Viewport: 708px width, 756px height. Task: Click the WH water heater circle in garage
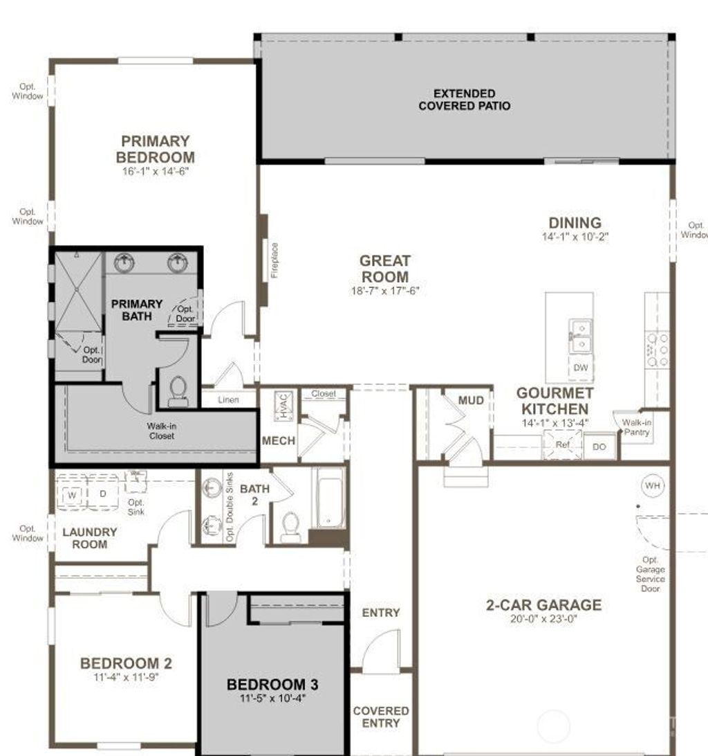pos(653,486)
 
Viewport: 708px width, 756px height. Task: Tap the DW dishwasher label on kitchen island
pos(581,368)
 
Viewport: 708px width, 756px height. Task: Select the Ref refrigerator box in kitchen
pos(563,445)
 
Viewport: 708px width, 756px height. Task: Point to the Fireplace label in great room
pos(274,260)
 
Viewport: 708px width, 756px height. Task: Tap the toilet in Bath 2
pos(290,528)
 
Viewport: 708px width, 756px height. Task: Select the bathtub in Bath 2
pos(328,498)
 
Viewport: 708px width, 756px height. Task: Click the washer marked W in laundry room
pos(72,494)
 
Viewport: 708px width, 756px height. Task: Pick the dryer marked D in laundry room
pos(103,494)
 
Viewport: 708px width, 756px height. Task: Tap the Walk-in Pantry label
pos(636,427)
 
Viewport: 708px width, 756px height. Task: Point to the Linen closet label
pos(228,400)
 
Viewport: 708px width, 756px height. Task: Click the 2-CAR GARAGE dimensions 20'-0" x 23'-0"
pos(543,620)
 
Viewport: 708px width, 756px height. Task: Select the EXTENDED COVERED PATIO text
pos(465,100)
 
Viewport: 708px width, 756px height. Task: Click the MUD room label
pos(471,400)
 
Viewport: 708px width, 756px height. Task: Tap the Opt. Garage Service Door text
pos(651,574)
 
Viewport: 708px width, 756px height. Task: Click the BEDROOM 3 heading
pos(272,685)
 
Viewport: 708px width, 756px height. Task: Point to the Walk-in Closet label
pos(160,431)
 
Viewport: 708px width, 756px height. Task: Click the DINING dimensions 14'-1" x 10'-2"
pos(575,237)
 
